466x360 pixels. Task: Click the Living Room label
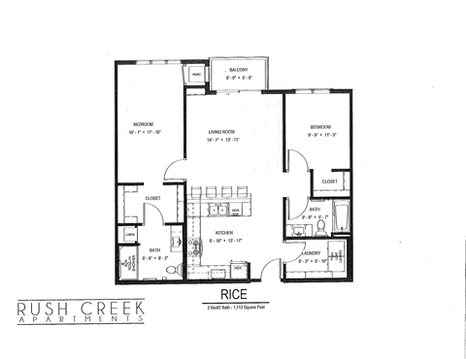223,133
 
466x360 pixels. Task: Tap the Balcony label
239,70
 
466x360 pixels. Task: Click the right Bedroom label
321,127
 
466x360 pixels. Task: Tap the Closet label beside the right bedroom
329,181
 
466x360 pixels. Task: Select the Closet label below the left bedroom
151,198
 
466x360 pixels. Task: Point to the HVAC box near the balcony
196,74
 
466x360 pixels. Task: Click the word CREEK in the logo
112,310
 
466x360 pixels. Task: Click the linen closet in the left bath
129,235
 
